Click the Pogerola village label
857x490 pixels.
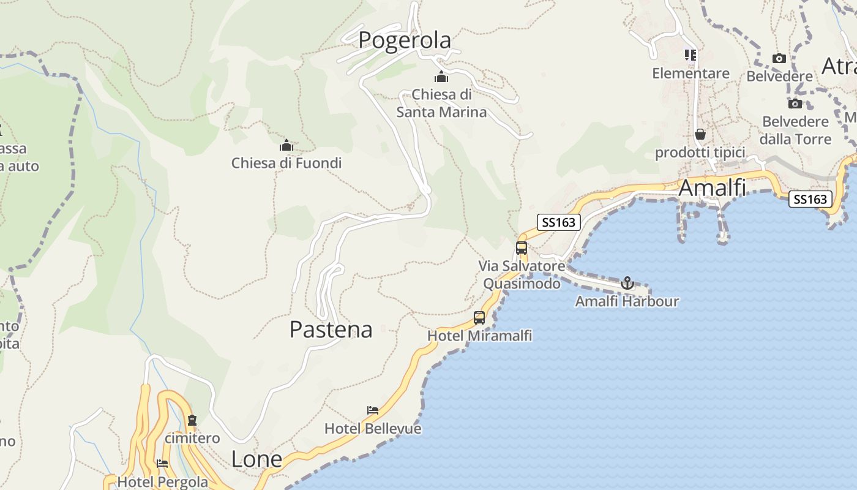tap(405, 40)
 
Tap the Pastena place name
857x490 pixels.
tap(331, 330)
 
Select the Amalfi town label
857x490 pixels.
tap(713, 188)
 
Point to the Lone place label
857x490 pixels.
tap(256, 459)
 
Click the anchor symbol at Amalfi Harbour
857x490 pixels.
tap(627, 283)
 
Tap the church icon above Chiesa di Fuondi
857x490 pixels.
tap(286, 146)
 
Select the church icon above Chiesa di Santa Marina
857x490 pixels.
tap(441, 77)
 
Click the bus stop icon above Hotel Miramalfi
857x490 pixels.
tap(479, 318)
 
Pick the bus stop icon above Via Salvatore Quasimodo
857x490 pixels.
tap(522, 248)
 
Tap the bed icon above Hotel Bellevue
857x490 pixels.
tap(372, 410)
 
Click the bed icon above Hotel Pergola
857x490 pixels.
tap(162, 464)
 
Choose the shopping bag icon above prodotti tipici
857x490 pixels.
tap(700, 134)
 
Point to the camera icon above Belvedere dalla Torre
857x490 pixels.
tap(795, 104)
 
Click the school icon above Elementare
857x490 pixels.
tap(690, 56)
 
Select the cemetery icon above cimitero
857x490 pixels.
tap(192, 420)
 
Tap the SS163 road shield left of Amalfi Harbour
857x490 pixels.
tap(558, 222)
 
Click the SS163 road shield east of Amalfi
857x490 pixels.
tap(810, 199)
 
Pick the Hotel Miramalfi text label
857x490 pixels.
tap(479, 336)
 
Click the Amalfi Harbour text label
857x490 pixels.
tap(627, 301)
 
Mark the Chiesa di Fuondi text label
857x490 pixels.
tap(286, 163)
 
